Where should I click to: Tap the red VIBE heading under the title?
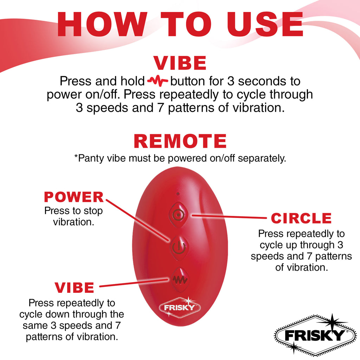tap(180, 63)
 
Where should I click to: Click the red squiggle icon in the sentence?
tap(158, 82)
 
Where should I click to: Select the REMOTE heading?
tap(180, 141)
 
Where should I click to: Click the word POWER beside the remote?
tap(74, 197)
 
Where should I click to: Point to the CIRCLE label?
tap(301, 218)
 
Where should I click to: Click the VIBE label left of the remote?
tap(75, 288)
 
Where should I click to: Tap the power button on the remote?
tap(179, 246)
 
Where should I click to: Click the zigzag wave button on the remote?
tap(179, 279)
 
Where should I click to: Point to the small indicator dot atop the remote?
tap(178, 194)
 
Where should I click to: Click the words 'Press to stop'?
tap(73, 211)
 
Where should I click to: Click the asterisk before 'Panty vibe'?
tap(76, 157)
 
